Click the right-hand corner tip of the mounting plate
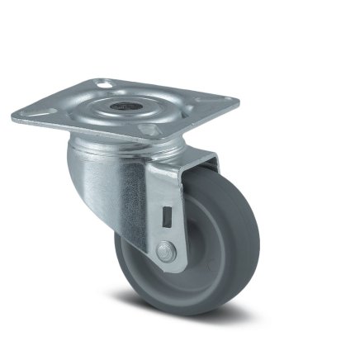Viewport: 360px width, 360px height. coord(237,103)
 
